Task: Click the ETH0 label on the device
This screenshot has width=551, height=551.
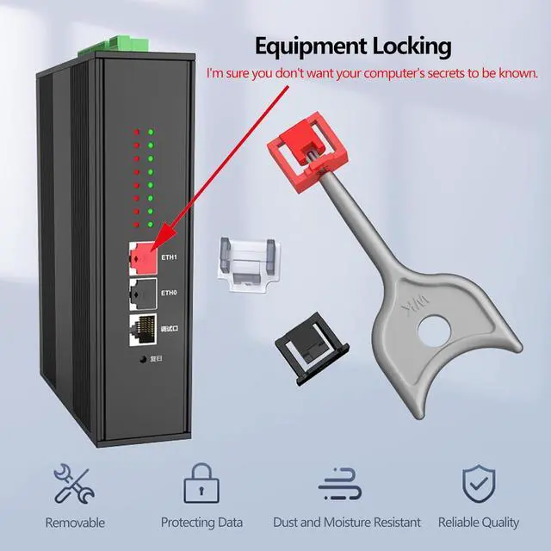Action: coord(169,293)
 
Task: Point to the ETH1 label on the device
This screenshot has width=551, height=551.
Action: coord(169,257)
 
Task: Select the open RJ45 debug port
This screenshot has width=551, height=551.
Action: coord(142,328)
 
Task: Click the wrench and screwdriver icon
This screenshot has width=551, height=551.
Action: coord(74,484)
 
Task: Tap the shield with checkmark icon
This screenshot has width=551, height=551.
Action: coord(478,484)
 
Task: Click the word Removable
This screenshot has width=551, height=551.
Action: coord(75,523)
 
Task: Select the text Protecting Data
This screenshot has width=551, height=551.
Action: coord(201,523)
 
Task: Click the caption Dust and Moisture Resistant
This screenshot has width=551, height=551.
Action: coord(347,523)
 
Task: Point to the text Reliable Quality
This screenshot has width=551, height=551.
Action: coord(479,523)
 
